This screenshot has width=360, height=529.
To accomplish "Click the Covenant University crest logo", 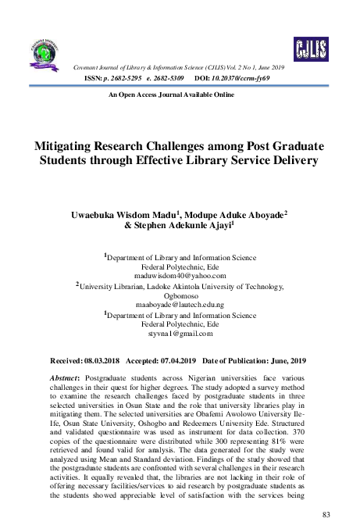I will (45, 50).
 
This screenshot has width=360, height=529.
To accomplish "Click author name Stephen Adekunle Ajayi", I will (199, 225).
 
